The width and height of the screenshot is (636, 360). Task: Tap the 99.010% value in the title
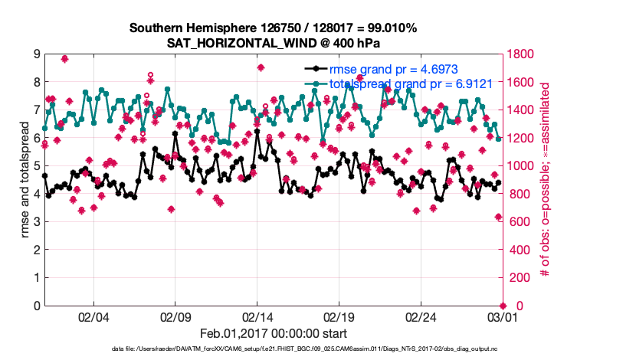click(388, 28)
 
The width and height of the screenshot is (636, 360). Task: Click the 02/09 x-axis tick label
click(175, 316)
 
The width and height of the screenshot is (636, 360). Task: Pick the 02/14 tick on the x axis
click(257, 316)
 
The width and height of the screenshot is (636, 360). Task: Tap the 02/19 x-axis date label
click(339, 316)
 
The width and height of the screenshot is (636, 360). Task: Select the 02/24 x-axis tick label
click(421, 316)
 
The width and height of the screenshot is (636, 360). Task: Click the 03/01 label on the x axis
click(502, 316)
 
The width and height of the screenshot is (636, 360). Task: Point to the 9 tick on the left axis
click(36, 54)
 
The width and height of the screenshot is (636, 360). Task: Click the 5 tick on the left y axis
click(36, 166)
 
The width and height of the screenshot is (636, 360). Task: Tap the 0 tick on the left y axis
click(36, 306)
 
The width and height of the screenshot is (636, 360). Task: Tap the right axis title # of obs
click(546, 180)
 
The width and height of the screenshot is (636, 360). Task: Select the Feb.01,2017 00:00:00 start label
click(273, 333)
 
